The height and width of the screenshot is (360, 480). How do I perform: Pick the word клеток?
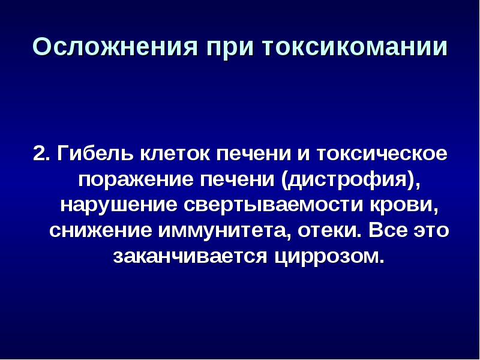(176, 155)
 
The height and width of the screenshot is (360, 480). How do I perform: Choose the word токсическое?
(382, 155)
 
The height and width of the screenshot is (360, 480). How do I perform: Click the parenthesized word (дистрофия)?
(348, 179)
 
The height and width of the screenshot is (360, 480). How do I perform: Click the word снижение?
(100, 231)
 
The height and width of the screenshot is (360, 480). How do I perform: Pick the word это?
(431, 232)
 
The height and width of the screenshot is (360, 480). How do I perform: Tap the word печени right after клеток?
(254, 155)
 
